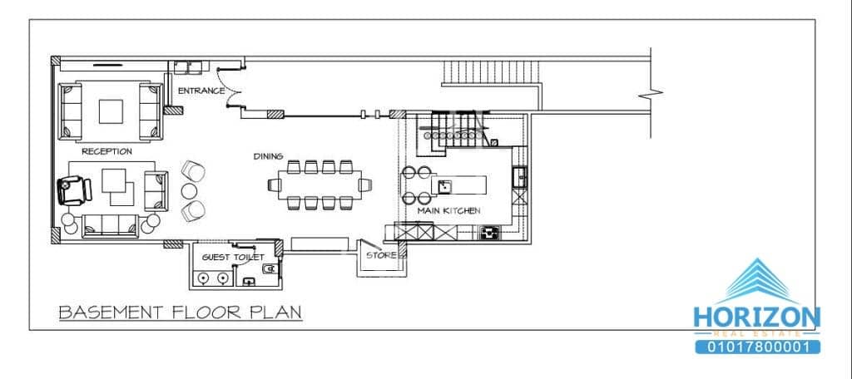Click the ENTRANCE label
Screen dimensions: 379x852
(201, 90)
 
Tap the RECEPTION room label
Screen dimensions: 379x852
(107, 151)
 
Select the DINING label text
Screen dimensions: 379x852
(269, 155)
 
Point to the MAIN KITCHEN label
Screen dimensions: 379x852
(448, 211)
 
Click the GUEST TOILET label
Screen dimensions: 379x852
(228, 258)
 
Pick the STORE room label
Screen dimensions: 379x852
(381, 255)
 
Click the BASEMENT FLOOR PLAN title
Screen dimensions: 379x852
(180, 313)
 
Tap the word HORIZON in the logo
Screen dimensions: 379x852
(756, 317)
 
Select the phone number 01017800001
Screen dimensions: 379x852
(756, 347)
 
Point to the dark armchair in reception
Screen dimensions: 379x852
(73, 189)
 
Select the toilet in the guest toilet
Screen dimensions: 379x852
(268, 270)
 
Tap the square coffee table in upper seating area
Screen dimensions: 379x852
(111, 111)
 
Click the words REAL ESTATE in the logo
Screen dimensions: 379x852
(756, 332)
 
